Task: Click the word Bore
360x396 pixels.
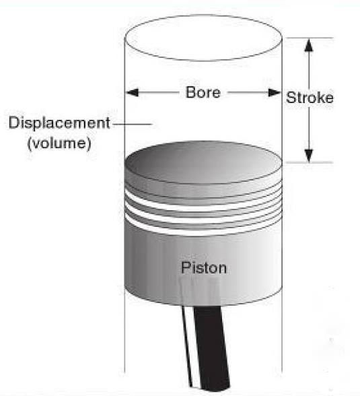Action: (x=203, y=92)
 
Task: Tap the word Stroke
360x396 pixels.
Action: (x=310, y=98)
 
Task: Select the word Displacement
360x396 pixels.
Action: (x=59, y=124)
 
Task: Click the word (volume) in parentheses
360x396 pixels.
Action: (x=59, y=143)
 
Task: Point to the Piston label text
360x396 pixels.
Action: (x=204, y=267)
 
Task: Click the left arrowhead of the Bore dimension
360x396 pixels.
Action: (x=132, y=92)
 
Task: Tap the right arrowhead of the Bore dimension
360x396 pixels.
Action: (x=275, y=92)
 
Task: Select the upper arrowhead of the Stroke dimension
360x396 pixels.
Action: (x=309, y=45)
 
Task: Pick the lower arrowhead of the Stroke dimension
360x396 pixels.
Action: (x=309, y=156)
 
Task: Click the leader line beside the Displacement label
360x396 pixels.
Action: (x=132, y=124)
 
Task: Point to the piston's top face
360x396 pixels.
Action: (x=203, y=162)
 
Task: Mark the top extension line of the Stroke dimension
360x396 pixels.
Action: (x=310, y=38)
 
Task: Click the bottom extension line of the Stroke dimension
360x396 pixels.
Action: (x=310, y=162)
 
